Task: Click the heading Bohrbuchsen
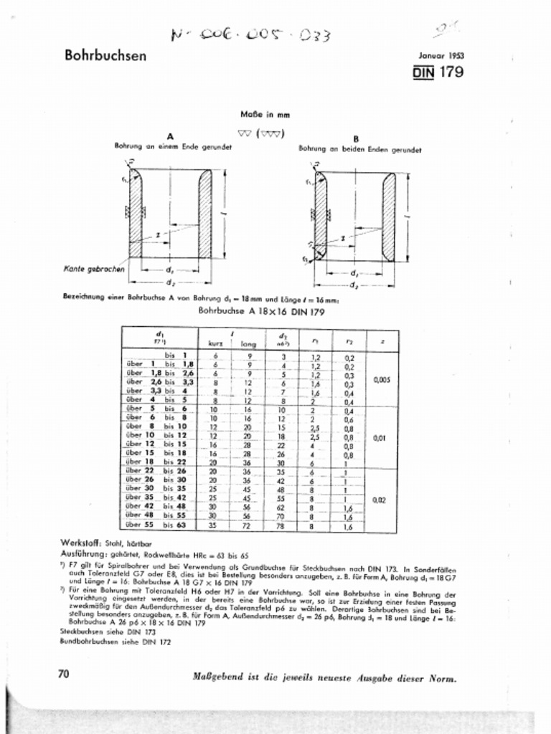point(105,55)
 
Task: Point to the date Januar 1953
point(441,55)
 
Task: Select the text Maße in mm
point(261,114)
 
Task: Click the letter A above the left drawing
point(170,136)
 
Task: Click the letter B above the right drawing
point(356,138)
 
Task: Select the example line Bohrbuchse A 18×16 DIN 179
point(262,312)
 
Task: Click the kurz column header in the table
point(215,344)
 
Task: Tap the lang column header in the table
point(248,344)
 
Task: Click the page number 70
point(64,673)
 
